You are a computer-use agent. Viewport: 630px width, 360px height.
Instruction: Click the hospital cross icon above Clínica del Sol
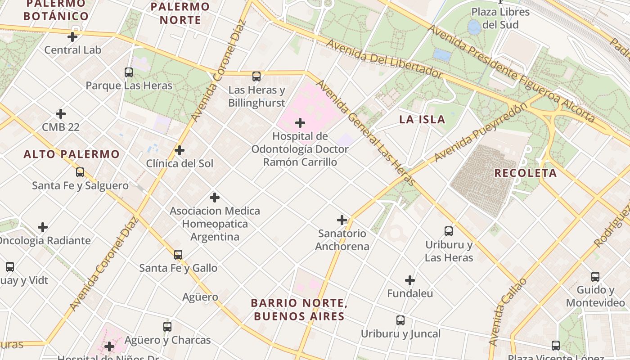[x=180, y=150]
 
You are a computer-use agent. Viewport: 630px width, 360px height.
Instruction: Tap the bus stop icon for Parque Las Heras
[x=129, y=72]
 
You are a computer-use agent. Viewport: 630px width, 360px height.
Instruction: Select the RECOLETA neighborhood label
[x=525, y=173]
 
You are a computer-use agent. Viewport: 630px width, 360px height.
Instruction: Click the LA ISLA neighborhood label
[x=422, y=119]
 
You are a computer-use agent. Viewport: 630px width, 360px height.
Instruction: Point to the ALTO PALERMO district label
[x=72, y=154]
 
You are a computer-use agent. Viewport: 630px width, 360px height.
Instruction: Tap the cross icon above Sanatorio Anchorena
[x=342, y=220]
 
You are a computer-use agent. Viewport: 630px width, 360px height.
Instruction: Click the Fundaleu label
[x=410, y=293]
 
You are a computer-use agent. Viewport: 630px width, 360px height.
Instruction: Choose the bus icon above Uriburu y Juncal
[x=400, y=320]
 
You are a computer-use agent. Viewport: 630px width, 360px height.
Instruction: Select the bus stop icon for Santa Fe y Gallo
[x=178, y=255]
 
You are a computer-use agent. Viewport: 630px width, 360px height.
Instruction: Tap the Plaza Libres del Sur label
[x=500, y=18]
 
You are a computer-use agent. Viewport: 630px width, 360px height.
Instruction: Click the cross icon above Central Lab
[x=72, y=37]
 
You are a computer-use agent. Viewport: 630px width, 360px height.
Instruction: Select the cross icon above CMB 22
[x=61, y=114]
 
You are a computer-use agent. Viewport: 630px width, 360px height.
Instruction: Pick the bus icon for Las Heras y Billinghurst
[x=256, y=76]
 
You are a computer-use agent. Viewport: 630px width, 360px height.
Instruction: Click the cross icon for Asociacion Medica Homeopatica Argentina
[x=215, y=198]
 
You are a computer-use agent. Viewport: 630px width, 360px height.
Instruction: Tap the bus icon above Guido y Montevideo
[x=595, y=277]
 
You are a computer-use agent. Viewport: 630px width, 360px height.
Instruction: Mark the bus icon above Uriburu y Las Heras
[x=449, y=231]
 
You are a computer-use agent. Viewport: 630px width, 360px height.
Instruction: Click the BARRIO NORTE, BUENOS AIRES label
[x=299, y=310]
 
